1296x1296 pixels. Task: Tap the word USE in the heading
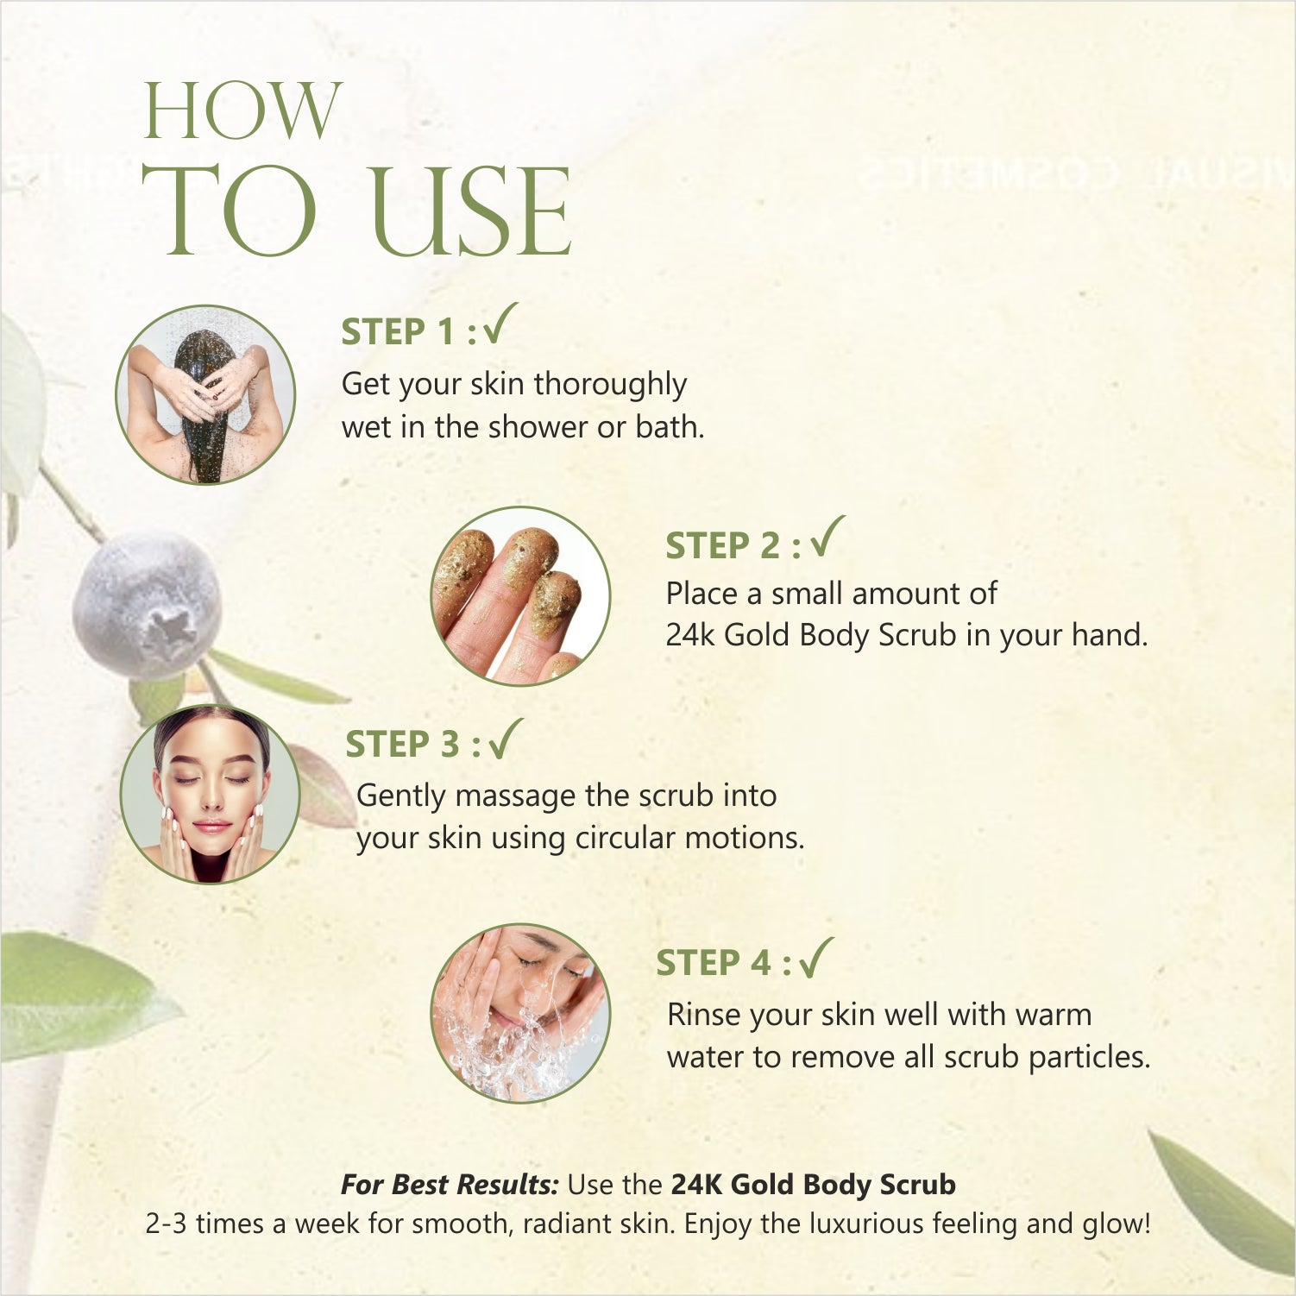pos(470,211)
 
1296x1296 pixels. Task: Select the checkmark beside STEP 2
pos(828,537)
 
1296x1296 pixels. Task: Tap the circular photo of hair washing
pos(205,394)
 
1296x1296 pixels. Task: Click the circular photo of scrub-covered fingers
pos(520,596)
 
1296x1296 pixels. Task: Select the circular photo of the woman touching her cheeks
pos(210,794)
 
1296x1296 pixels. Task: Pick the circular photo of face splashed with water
pos(520,1013)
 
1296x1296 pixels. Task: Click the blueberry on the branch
pos(146,603)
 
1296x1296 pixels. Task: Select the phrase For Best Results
pos(450,1184)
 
